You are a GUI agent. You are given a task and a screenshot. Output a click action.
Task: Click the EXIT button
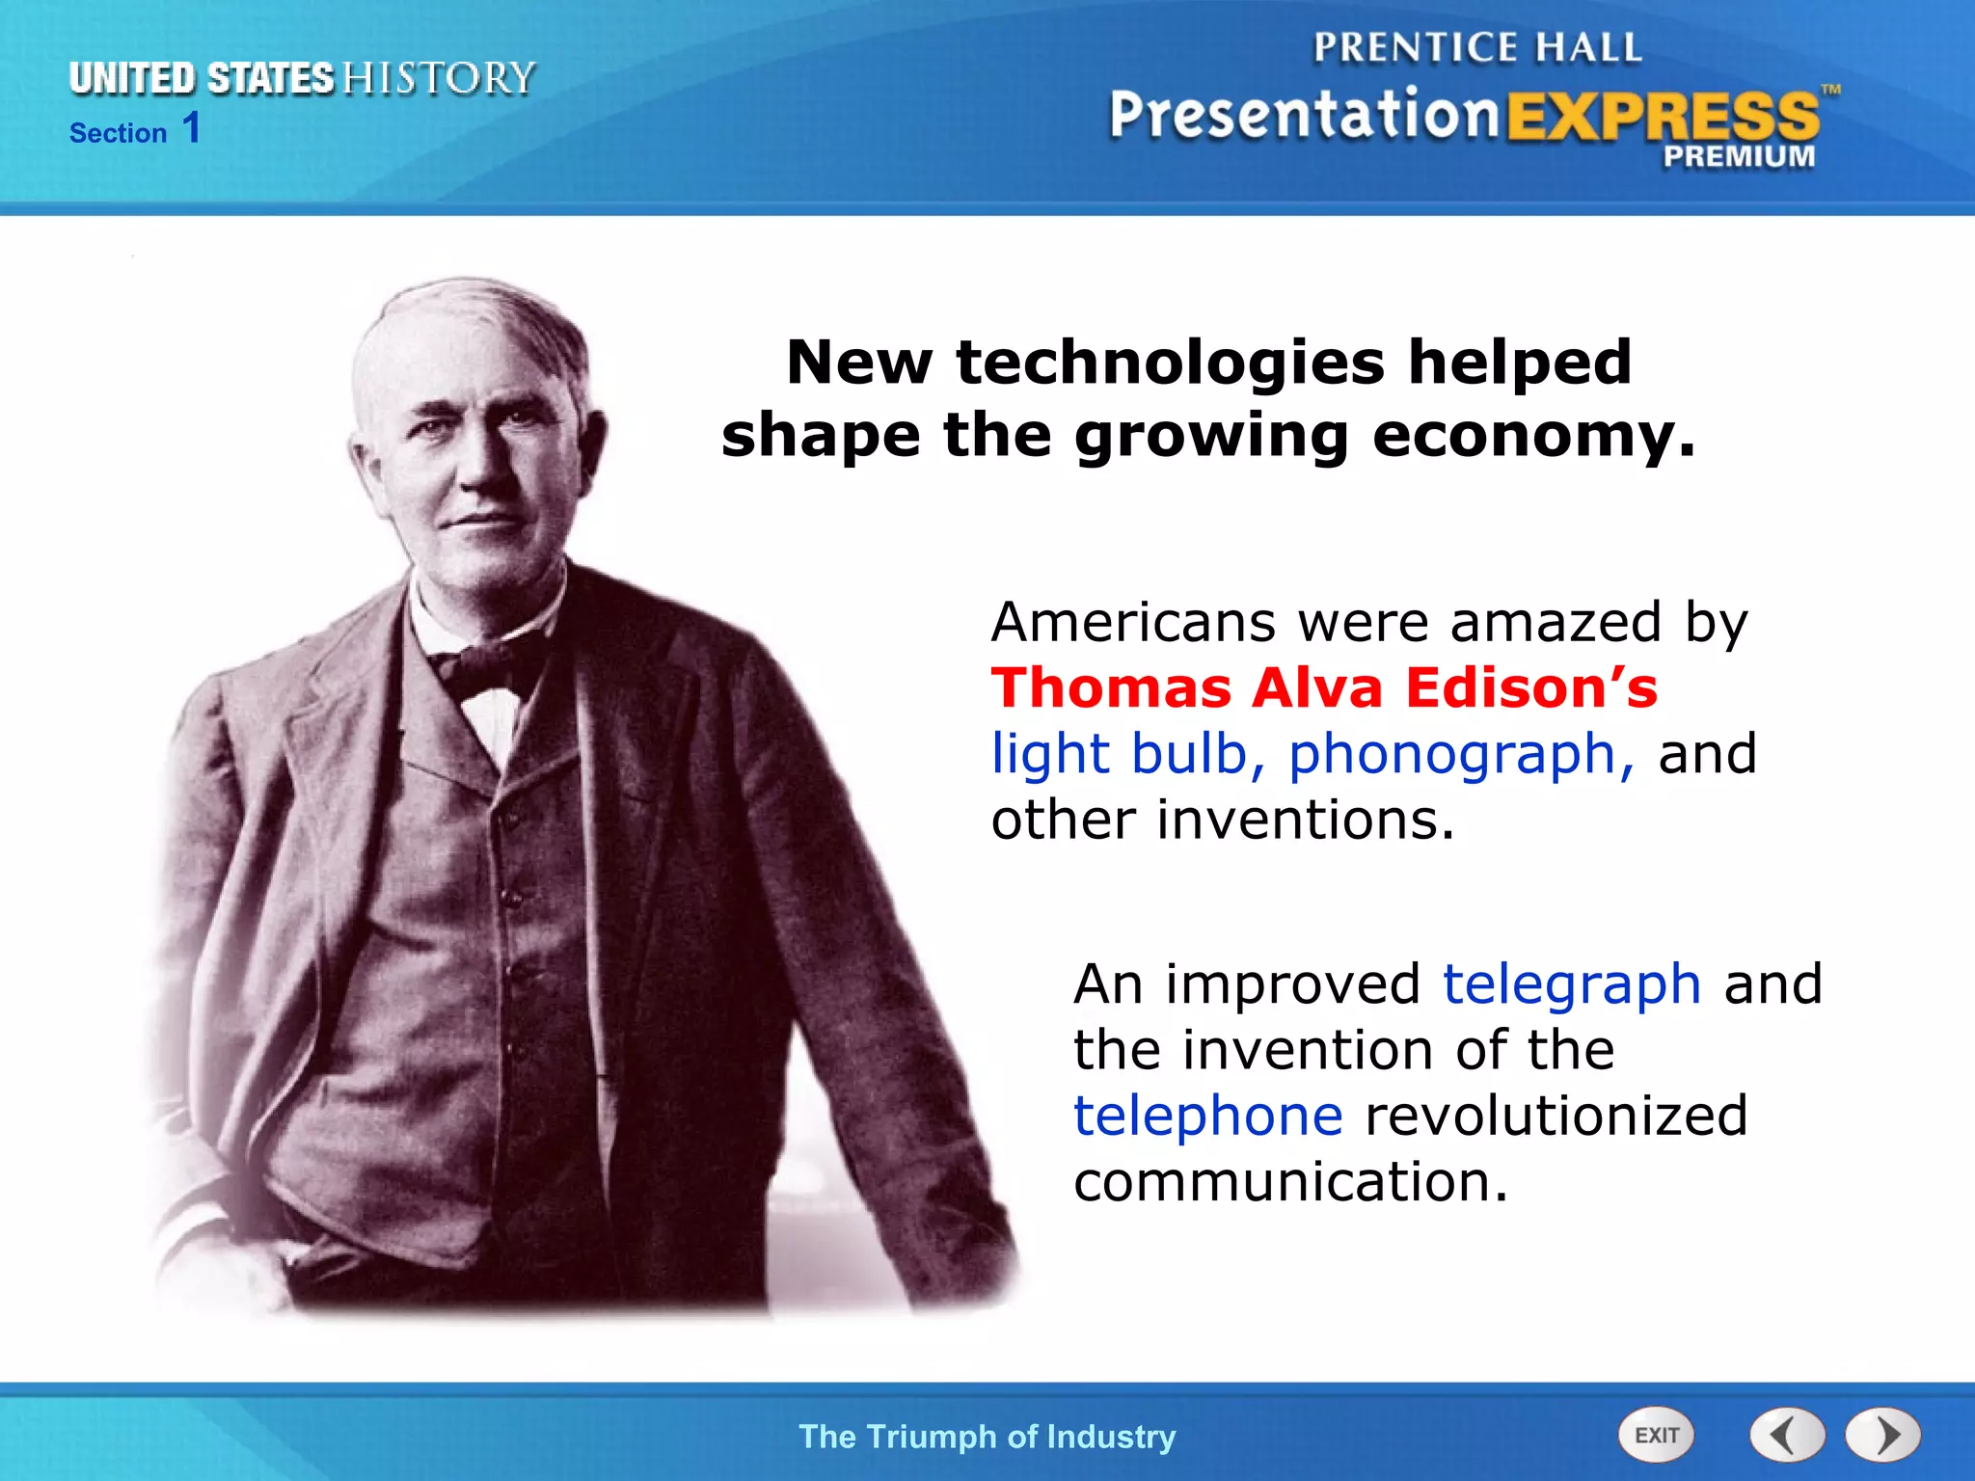1656,1435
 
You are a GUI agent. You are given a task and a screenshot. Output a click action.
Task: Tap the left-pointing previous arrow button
1786,1435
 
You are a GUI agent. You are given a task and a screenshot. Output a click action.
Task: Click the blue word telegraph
1571,985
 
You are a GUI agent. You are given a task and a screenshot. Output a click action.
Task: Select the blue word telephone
1207,1116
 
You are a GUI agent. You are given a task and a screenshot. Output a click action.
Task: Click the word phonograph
1460,755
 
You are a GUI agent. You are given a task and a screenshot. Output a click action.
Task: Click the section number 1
191,128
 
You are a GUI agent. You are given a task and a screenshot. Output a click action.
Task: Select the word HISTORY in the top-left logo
439,79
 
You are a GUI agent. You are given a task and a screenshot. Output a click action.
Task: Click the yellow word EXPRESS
1662,118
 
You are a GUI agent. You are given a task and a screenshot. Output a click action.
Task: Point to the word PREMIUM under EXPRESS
1738,156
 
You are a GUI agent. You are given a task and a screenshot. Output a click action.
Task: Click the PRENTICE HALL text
1477,48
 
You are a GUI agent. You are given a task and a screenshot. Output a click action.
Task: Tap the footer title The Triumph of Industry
987,1437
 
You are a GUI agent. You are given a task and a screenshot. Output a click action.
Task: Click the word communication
1289,1182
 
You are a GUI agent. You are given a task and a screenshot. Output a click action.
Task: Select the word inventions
1304,821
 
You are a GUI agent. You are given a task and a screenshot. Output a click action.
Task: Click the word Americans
1133,623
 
